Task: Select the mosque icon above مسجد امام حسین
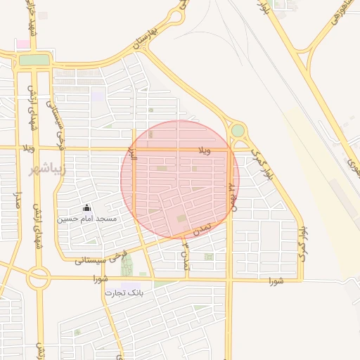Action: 86,208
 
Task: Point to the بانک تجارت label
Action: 124,292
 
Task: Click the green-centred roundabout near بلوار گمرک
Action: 238,131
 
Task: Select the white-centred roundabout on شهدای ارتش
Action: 39,278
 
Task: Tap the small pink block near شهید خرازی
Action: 23,44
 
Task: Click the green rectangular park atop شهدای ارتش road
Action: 34,60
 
